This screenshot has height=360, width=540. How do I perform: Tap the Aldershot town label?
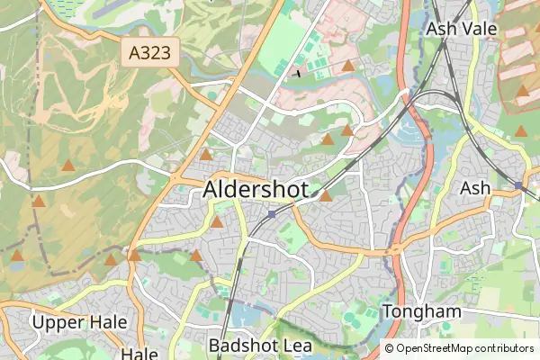256,190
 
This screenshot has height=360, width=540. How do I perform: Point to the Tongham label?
422,311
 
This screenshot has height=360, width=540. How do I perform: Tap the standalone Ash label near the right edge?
475,189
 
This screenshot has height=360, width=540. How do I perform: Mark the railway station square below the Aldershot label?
272,214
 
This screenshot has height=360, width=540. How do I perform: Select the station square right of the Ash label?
518,185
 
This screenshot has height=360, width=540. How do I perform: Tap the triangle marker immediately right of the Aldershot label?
327,195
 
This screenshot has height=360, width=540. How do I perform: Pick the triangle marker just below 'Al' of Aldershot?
217,221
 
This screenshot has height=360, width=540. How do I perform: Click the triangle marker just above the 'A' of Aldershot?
206,155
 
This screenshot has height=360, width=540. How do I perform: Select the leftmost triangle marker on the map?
17,256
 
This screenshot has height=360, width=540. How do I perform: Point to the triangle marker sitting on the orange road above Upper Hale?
134,256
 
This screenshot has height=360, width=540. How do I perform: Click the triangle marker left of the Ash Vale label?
348,66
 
